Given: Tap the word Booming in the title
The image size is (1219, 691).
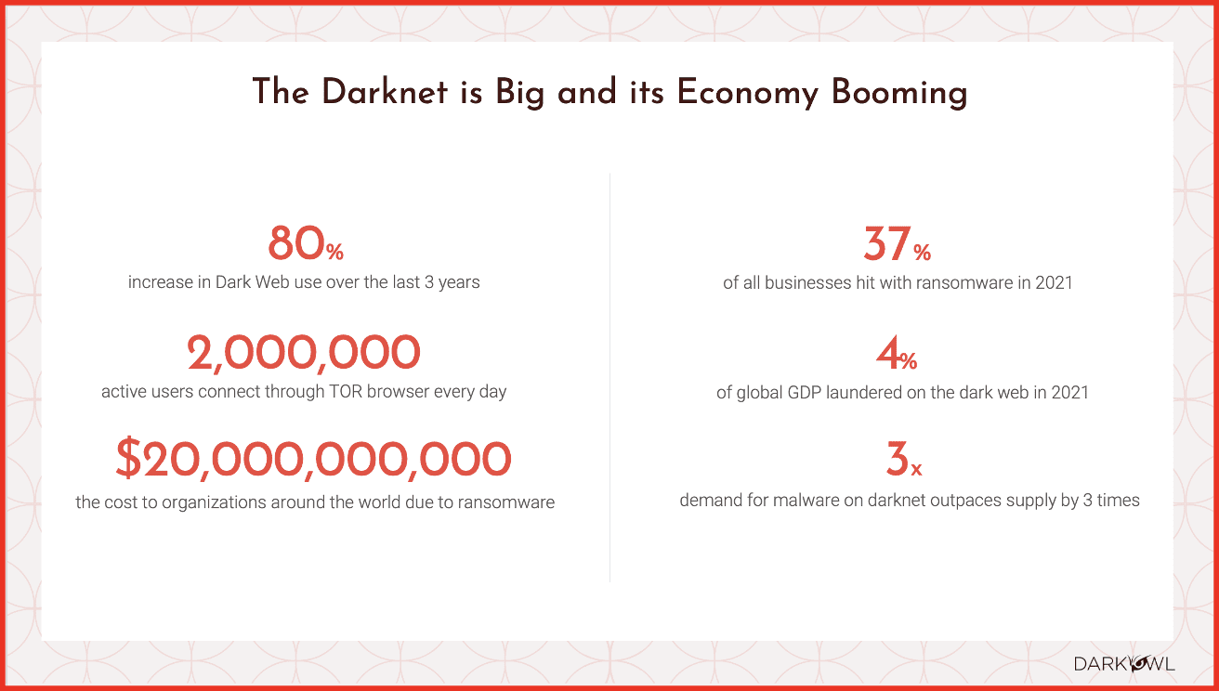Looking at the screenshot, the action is coord(899,94).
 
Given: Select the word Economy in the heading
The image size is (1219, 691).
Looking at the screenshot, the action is coord(748,94).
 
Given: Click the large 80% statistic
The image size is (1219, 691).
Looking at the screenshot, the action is coord(306,243).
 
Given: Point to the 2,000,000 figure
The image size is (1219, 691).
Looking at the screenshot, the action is coord(304,353).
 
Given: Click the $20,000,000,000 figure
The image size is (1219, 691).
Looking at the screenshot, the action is coord(313,459).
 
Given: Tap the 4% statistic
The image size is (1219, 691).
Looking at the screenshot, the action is coord(897,353).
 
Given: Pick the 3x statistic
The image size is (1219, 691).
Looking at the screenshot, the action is coord(903,459).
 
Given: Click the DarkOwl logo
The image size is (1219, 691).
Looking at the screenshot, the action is coord(1124,664).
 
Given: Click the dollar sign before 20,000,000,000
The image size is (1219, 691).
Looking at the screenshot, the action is coord(128,458).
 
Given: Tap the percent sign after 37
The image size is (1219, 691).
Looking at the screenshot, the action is coord(922,252).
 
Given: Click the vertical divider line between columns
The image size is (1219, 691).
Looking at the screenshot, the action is coord(610,378).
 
